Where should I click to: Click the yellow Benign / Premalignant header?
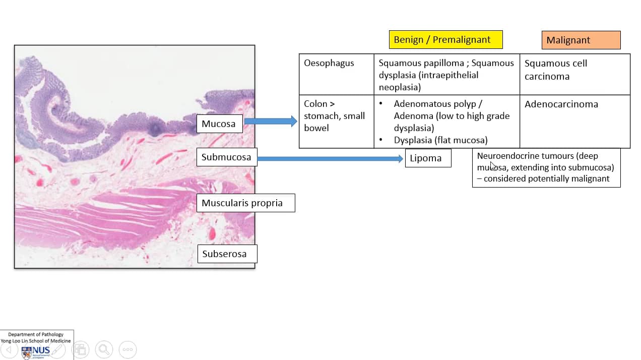445,40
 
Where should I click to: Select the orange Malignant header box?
581,40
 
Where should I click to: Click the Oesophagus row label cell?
329,64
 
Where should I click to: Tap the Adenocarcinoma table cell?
561,104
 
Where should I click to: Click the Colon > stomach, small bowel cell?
334,116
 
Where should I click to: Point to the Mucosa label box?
219,124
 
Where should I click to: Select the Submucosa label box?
226,157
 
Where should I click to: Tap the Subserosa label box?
224,254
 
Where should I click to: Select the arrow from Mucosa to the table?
271,121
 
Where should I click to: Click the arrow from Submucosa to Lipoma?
330,159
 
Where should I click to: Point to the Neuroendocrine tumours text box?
546,167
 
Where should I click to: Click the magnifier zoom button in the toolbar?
104,349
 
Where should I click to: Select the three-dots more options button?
127,349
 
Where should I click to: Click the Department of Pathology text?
36,334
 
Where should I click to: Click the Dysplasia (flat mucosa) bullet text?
440,140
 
